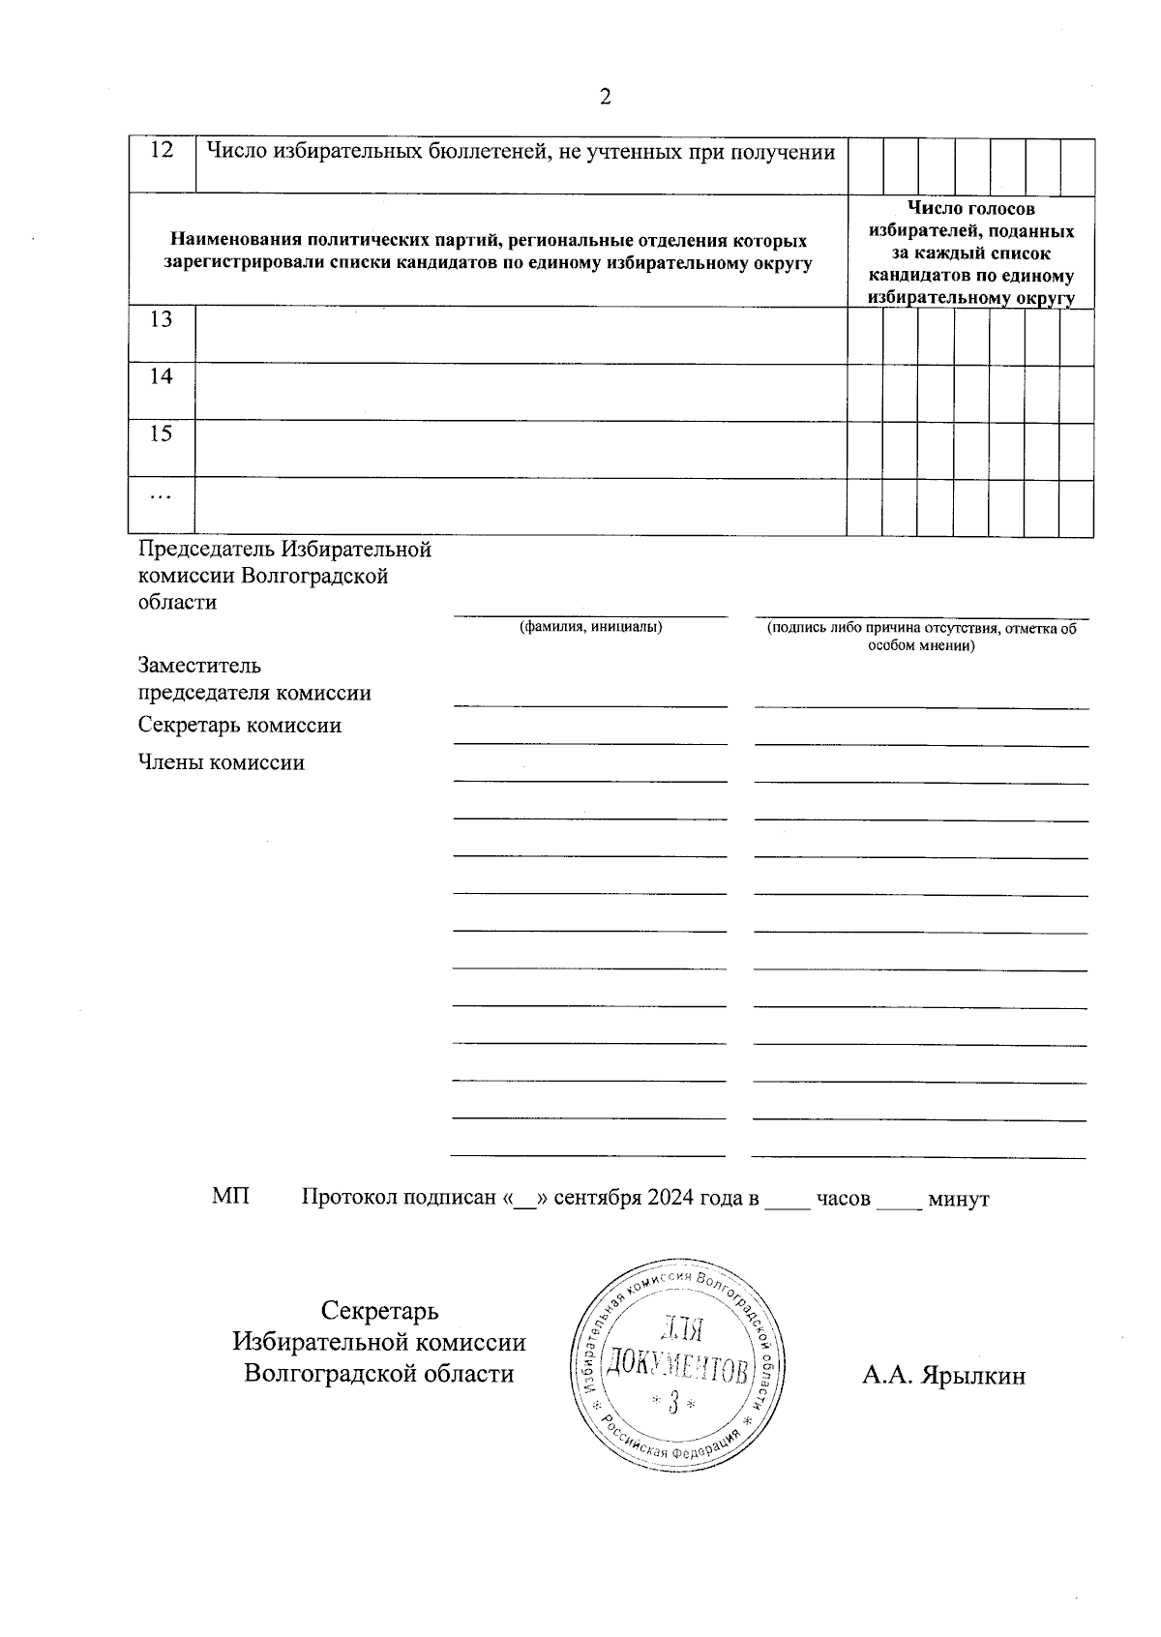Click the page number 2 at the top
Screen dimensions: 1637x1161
[606, 97]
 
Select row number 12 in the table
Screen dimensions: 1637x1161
[162, 151]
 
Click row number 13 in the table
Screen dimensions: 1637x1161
[162, 320]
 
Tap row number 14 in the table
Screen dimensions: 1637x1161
[162, 377]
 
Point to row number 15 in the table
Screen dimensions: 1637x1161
[162, 434]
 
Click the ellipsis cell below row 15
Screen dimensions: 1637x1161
[161, 497]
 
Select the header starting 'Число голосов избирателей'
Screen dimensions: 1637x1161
[971, 253]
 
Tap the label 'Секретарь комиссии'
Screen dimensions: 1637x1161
[240, 726]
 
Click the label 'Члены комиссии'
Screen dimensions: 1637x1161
[222, 763]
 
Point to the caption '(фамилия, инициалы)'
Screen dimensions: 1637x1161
[591, 627]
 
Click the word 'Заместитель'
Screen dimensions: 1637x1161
[199, 667]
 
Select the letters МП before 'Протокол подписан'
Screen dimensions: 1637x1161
[230, 1198]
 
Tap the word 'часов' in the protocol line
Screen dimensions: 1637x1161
[843, 1199]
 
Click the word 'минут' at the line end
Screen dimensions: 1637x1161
[958, 1199]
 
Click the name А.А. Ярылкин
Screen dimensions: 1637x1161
[943, 1375]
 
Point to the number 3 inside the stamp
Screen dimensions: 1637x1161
[674, 1402]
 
